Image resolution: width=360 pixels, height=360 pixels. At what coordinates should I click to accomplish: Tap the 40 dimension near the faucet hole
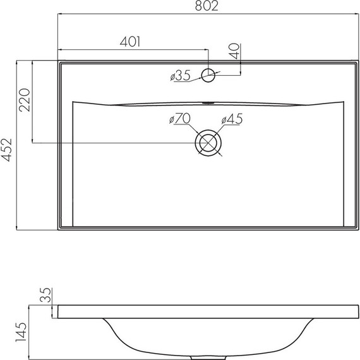click(x=234, y=51)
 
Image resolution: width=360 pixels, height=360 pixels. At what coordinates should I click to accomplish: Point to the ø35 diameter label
click(x=181, y=76)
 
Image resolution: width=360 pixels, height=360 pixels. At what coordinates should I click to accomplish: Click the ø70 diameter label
click(x=180, y=118)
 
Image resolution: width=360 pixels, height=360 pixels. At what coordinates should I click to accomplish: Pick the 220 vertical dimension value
click(x=25, y=100)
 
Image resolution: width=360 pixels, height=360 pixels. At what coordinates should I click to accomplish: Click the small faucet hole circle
click(x=208, y=76)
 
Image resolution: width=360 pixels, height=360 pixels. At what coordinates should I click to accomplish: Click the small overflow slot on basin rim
click(x=208, y=101)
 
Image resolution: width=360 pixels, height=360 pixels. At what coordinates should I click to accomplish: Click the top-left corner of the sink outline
click(x=58, y=62)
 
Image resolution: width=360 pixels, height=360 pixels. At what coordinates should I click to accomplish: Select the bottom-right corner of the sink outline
click(x=358, y=229)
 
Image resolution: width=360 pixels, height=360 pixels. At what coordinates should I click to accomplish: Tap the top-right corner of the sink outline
click(x=358, y=62)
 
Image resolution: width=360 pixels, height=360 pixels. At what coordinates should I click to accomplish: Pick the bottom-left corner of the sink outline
click(x=58, y=229)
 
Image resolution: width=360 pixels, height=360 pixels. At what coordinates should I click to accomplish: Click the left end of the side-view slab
click(x=58, y=311)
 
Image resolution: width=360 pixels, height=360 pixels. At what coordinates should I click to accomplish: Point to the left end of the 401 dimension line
click(x=58, y=49)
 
